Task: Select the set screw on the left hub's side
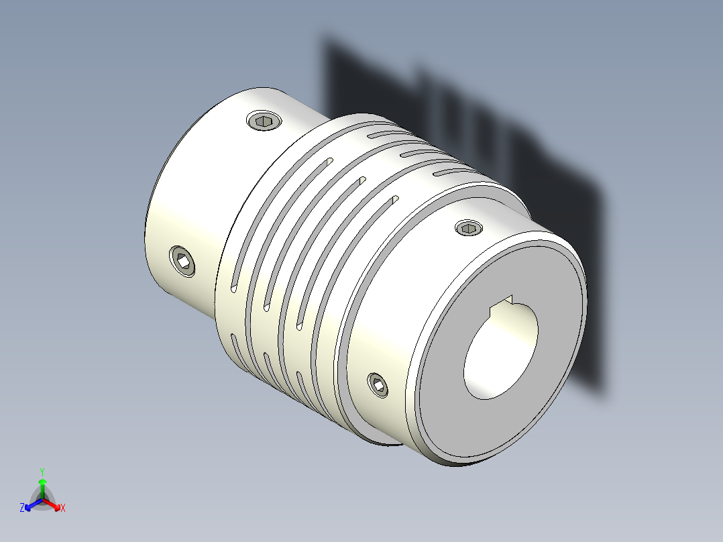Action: click(x=182, y=261)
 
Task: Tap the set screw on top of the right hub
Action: click(x=468, y=228)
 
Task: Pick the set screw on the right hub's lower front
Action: click(x=378, y=385)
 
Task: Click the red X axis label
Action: click(x=63, y=508)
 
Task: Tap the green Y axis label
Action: click(x=42, y=472)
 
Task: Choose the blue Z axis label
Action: click(x=22, y=508)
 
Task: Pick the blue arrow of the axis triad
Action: click(x=31, y=504)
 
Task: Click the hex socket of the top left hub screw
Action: click(x=264, y=121)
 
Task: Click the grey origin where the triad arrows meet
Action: click(x=42, y=500)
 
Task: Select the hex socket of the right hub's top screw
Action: click(x=468, y=229)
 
